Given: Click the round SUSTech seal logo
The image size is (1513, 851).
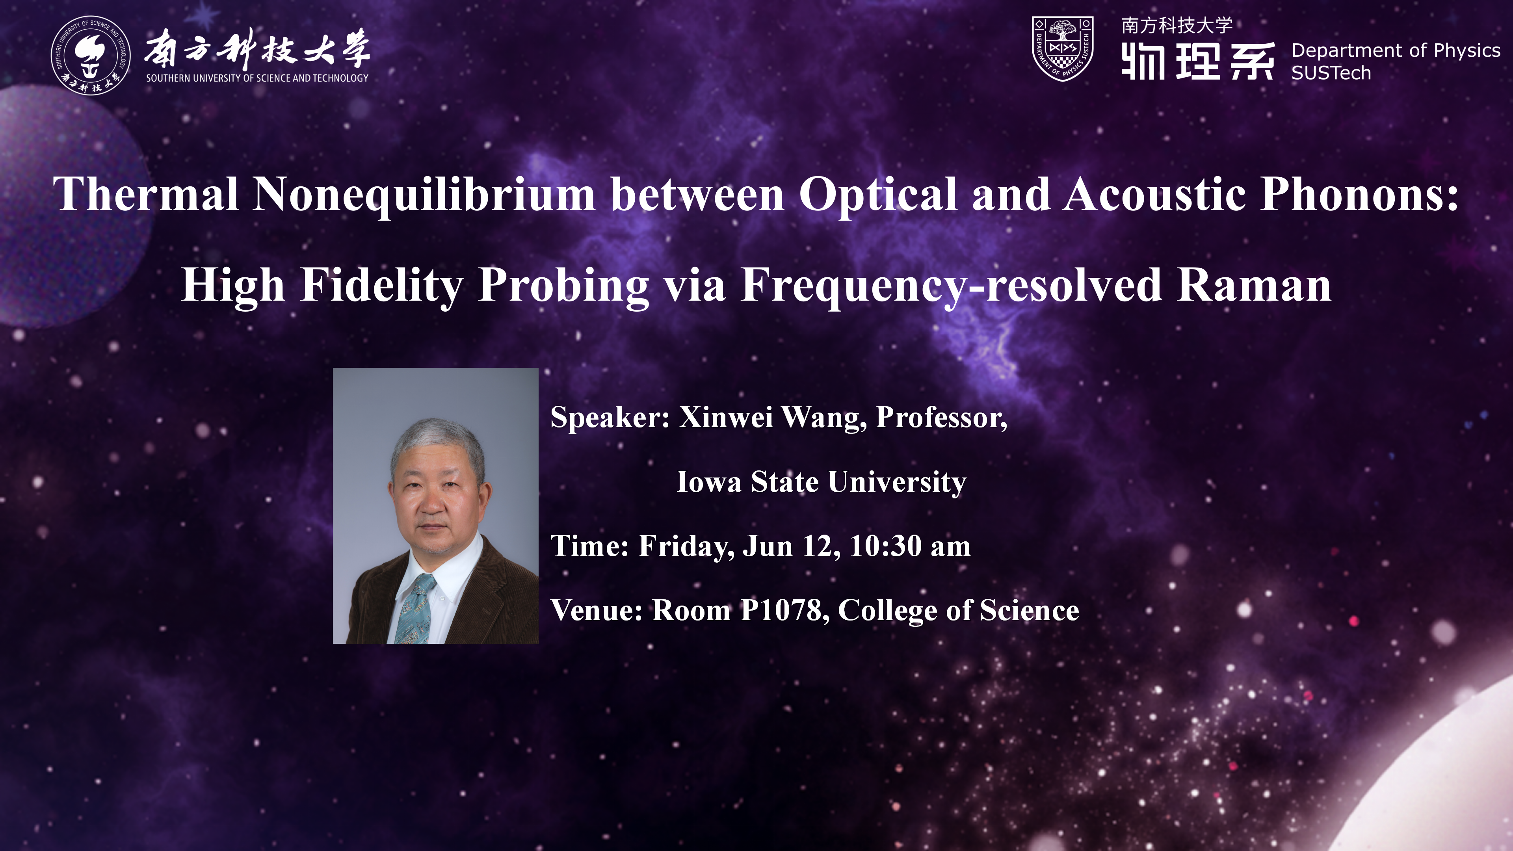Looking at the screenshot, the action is point(91,55).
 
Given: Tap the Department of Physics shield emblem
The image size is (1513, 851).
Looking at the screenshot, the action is point(1063,48).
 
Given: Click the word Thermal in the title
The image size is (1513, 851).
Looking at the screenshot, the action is point(146,194).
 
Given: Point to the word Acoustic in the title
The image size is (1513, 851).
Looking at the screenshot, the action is point(1155,194).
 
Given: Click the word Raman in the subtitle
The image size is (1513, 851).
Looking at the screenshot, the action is point(1254,285).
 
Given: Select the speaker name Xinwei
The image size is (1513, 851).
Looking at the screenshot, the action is point(726,417).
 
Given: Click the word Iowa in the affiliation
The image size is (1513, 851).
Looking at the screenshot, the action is point(709,481).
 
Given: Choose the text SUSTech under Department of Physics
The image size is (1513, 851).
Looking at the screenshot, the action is point(1331,73).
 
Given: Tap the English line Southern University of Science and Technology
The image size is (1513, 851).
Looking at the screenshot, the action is point(257,78).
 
